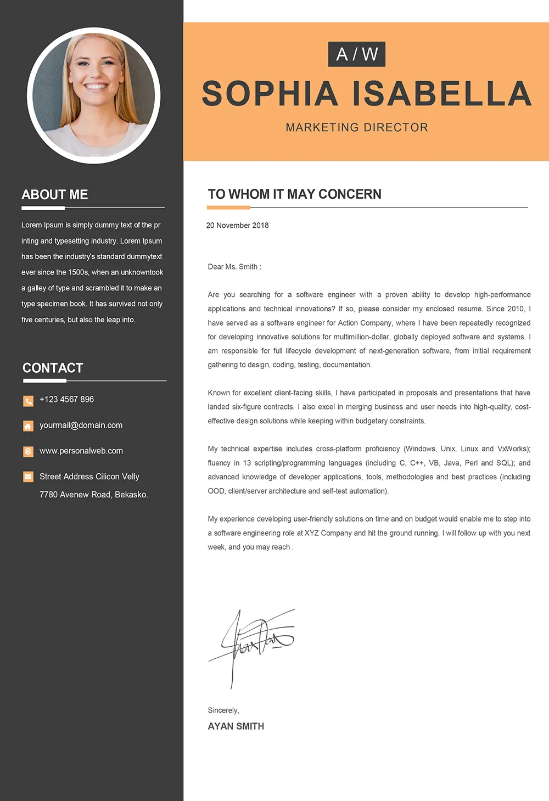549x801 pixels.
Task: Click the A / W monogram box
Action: [357, 54]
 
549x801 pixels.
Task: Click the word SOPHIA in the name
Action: [270, 93]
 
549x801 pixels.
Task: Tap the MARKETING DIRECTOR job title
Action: [357, 127]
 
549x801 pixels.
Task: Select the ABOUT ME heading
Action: [54, 195]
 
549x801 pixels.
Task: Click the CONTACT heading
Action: [53, 368]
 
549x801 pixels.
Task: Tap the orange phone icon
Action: [28, 401]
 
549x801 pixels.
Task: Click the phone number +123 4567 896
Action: [66, 399]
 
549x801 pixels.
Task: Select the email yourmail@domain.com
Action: [81, 425]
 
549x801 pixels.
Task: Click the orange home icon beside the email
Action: [28, 426]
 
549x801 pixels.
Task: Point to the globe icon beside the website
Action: [28, 451]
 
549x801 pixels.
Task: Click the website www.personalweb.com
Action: [81, 451]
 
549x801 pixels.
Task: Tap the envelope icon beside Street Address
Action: [28, 477]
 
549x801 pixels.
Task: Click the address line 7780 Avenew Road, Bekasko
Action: [93, 495]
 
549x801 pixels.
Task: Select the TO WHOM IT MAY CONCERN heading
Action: [294, 194]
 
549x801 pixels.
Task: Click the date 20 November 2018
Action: [237, 225]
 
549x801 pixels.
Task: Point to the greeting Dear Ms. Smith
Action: [234, 267]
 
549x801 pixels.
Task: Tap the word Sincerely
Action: [223, 710]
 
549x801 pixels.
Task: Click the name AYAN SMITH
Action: [236, 726]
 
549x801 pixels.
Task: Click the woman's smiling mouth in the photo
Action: [96, 87]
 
